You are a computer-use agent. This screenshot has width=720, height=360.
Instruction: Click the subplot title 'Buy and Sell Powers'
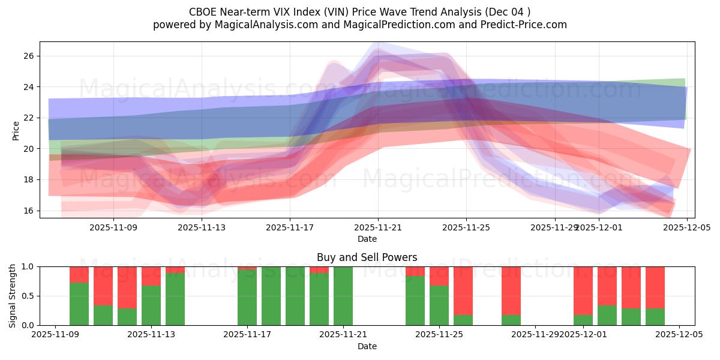(367, 257)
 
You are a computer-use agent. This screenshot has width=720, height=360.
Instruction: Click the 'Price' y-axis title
(16, 130)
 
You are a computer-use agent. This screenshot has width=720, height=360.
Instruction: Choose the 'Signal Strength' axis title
(13, 296)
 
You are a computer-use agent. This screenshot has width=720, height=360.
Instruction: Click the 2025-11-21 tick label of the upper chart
(378, 228)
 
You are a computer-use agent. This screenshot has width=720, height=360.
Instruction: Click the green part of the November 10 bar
(79, 304)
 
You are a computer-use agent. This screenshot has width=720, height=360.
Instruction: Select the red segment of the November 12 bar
(127, 287)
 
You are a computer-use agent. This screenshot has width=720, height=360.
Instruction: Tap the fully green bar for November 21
(343, 296)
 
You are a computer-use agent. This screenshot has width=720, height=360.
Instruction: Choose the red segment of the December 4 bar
(655, 287)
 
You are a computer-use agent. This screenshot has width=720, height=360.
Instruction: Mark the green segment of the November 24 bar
(415, 301)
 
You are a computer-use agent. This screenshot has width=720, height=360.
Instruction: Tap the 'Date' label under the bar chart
(367, 346)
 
